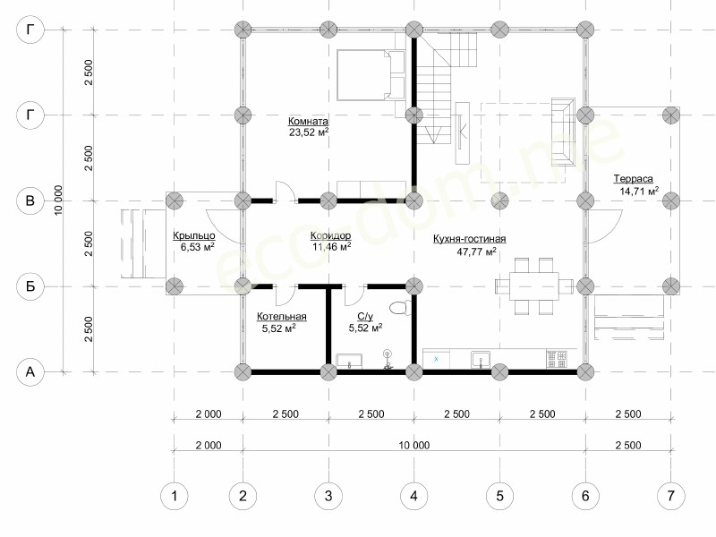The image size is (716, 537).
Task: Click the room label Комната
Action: pos(308,122)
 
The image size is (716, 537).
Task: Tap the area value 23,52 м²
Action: pos(309,132)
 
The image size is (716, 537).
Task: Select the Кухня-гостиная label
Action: pos(469,239)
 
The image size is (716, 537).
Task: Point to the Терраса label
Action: pos(633,179)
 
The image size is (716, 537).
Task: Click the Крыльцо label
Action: pos(194,236)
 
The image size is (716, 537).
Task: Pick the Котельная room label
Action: pos(282,317)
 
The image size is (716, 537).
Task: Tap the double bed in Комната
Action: pos(371,75)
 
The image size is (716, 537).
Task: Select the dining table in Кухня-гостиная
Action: pos(534,286)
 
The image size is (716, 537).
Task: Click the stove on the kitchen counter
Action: pos(557,359)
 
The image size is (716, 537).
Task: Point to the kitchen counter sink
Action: pos(481,360)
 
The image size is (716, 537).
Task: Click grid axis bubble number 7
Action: pos(670,496)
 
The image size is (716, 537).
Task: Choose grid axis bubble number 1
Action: pos(174,496)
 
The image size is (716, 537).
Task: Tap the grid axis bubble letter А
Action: pos(30,371)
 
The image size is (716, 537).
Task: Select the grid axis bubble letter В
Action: pos(30,200)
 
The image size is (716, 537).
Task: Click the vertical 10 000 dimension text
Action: pos(58,200)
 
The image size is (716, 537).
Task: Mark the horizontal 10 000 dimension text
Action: pos(414,445)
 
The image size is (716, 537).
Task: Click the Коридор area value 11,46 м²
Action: pos(331,247)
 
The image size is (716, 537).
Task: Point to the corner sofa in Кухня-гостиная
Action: pos(564,132)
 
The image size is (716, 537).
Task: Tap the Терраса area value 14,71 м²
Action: pos(639,191)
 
